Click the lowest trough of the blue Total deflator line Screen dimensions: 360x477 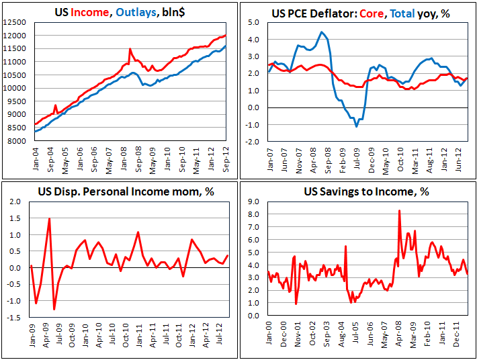coord(356,126)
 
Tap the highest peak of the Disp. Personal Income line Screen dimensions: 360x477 coord(49,219)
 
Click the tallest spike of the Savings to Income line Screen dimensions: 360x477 coord(400,211)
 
